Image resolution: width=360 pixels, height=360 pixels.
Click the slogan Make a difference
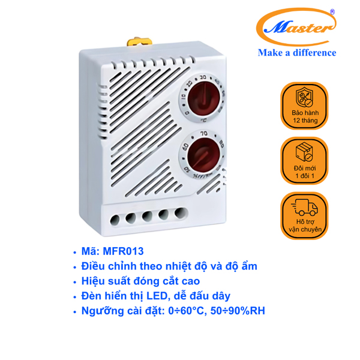click(297, 53)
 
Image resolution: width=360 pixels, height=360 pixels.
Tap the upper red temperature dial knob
click(203, 98)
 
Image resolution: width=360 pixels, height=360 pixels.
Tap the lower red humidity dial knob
click(203, 154)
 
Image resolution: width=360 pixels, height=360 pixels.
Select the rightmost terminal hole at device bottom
click(178, 212)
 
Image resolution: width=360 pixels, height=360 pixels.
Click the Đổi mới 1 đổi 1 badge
click(305, 161)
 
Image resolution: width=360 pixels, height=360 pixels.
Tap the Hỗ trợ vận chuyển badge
click(305, 216)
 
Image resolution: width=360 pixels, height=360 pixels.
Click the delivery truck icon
click(305, 207)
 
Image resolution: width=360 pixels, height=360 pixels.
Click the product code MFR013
click(122, 251)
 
